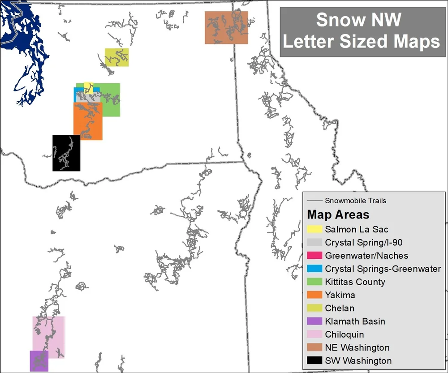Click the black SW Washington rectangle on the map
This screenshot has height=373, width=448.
(x=66, y=153)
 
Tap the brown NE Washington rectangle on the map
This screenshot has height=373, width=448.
(x=226, y=27)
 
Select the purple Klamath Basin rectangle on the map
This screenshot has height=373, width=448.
(x=39, y=361)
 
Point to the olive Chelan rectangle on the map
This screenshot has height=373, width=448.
(x=117, y=57)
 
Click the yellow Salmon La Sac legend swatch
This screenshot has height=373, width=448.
(x=315, y=230)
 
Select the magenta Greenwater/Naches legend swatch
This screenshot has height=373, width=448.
(x=315, y=256)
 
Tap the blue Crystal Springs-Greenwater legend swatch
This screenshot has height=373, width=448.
(x=315, y=269)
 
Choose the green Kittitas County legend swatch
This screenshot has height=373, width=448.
(x=315, y=282)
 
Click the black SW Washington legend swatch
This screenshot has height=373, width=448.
(x=315, y=361)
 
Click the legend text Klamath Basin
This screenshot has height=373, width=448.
(x=355, y=322)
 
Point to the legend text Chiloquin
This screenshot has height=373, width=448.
(x=345, y=334)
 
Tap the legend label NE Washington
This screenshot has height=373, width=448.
(x=358, y=347)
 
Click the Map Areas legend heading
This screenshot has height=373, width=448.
(x=338, y=214)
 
